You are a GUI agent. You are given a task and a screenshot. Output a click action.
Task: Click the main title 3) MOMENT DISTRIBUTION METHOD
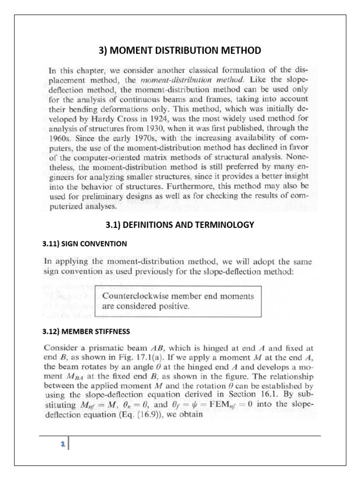(180, 50)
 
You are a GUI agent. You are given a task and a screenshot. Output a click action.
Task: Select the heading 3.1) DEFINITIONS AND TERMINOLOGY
(180, 225)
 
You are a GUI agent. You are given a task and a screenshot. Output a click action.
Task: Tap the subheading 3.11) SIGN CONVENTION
(84, 244)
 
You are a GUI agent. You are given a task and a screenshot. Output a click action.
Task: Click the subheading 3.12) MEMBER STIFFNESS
(86, 331)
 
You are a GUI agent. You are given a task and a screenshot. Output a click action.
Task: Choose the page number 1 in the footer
(62, 443)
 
